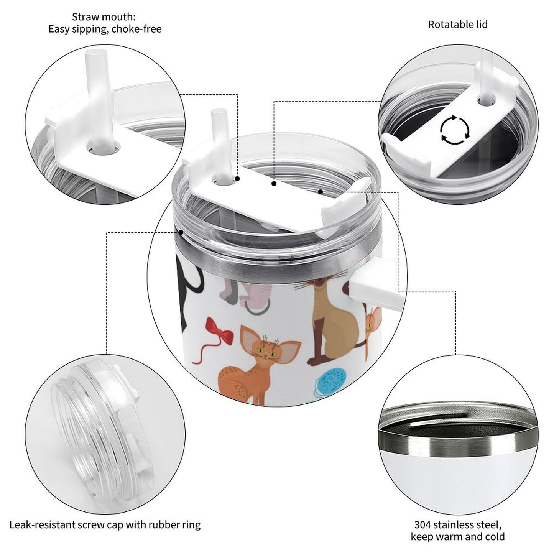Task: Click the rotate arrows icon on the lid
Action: pyautogui.click(x=455, y=130)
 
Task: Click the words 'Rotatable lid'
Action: pyautogui.click(x=457, y=25)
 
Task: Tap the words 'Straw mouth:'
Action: pyautogui.click(x=104, y=17)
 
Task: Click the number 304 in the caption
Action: pyautogui.click(x=424, y=524)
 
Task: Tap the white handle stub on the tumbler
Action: pyautogui.click(x=374, y=282)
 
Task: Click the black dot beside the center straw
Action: pyautogui.click(x=238, y=179)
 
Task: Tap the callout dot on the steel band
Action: pyautogui.click(x=181, y=232)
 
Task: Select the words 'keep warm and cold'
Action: pyautogui.click(x=457, y=537)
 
